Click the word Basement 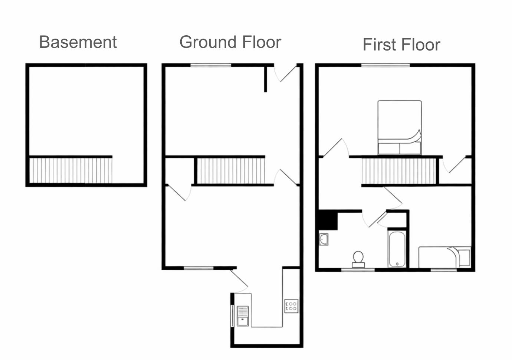(78, 42)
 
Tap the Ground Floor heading (230, 42)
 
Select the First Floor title (401, 45)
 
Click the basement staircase (70, 170)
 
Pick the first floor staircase (398, 171)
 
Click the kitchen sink (243, 316)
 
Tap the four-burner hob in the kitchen (291, 306)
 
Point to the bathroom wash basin (324, 239)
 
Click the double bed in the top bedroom (400, 127)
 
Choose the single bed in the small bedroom (445, 257)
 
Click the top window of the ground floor (211, 65)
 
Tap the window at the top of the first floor (386, 65)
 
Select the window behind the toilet (358, 270)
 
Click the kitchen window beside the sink (233, 316)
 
